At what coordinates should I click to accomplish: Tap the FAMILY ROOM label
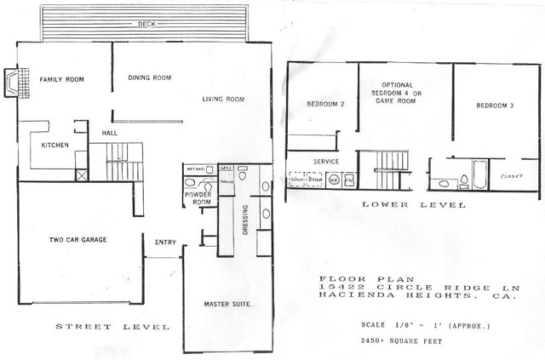(x=59, y=80)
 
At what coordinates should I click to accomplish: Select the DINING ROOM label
(x=150, y=78)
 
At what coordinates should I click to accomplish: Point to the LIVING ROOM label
(x=223, y=100)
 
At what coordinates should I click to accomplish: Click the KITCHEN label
(x=54, y=145)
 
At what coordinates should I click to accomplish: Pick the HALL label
(x=110, y=133)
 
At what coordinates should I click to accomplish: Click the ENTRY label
(x=165, y=243)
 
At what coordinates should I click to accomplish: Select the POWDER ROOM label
(x=198, y=199)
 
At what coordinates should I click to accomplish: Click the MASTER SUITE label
(x=226, y=304)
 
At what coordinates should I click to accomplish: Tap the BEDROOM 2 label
(x=325, y=105)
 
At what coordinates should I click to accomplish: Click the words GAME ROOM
(x=396, y=100)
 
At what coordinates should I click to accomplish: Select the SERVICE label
(x=326, y=162)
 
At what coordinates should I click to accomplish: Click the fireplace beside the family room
(x=10, y=83)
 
